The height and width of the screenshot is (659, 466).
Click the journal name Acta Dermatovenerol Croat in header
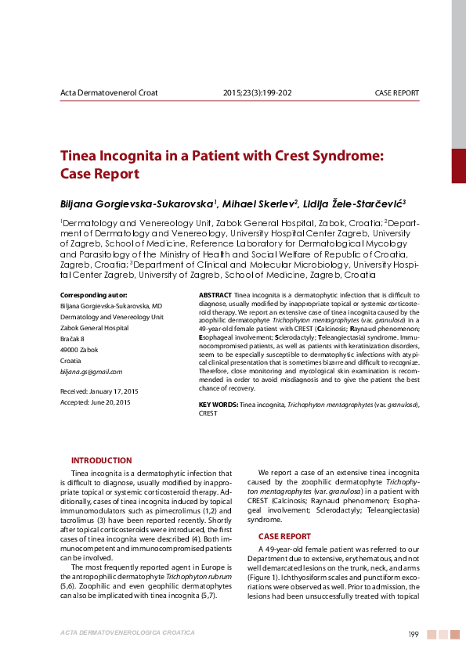click(x=109, y=92)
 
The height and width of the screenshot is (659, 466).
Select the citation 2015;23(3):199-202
click(x=258, y=92)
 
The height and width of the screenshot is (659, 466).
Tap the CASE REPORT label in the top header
click(x=397, y=92)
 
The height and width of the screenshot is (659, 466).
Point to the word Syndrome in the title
click(x=342, y=156)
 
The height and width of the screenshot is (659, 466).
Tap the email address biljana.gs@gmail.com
click(x=91, y=371)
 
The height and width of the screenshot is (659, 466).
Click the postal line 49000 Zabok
click(x=79, y=349)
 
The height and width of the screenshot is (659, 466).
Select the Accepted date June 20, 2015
click(x=111, y=402)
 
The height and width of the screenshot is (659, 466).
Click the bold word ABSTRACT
click(x=215, y=294)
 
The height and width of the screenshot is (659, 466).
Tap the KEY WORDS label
click(x=218, y=404)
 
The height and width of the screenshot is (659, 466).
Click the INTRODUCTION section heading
click(x=101, y=460)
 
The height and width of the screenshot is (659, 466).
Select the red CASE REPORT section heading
click(x=284, y=536)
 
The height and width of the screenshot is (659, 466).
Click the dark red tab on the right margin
click(x=458, y=166)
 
